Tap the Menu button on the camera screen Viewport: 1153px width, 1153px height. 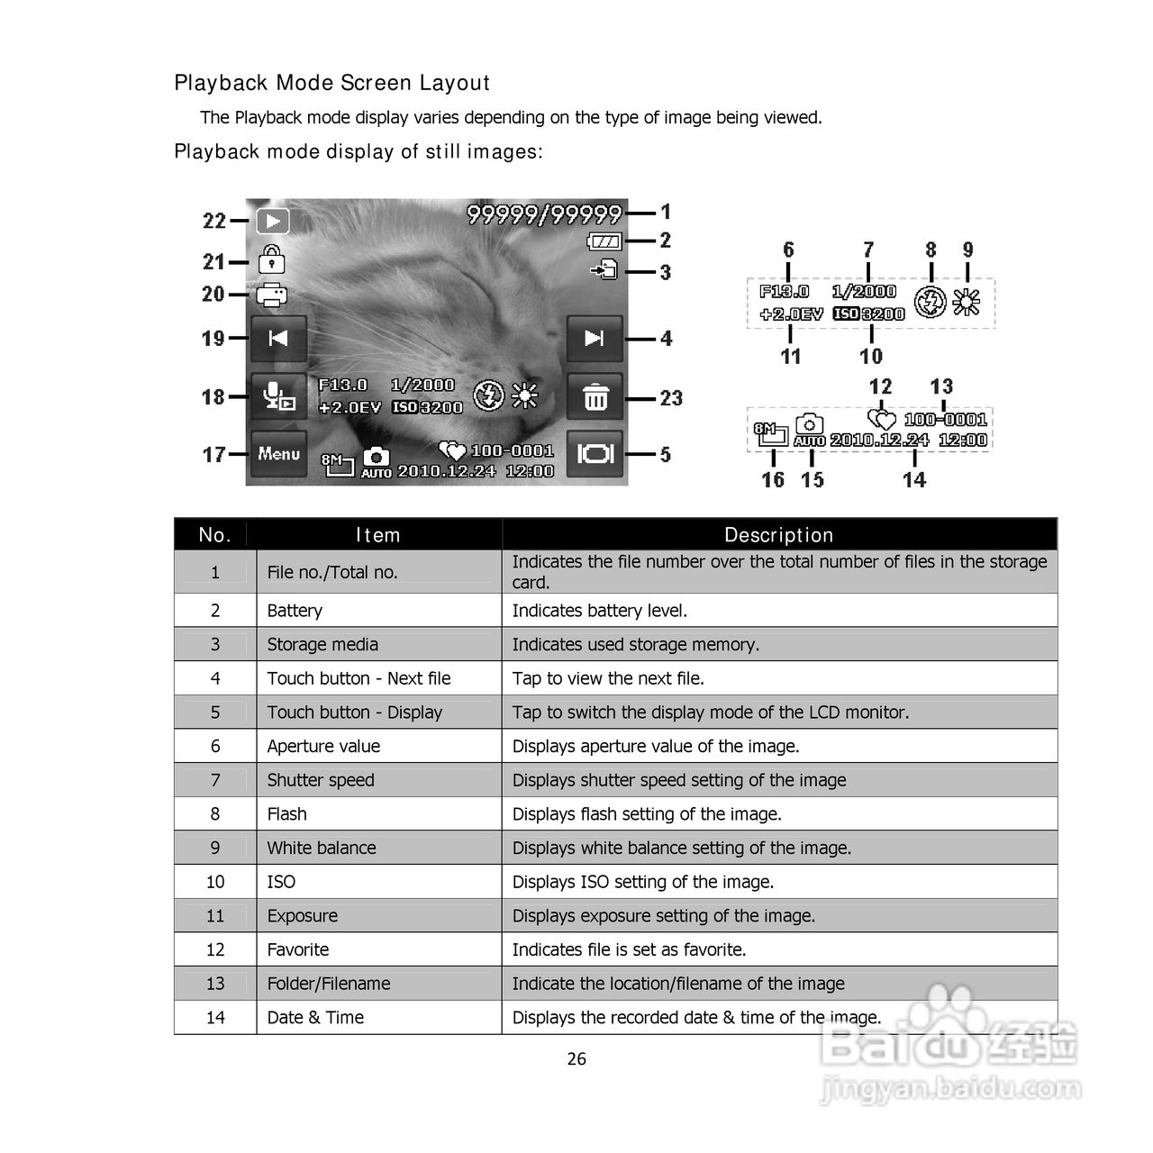pos(278,454)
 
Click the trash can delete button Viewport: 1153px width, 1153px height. pos(595,397)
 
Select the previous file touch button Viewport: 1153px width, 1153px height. pos(278,338)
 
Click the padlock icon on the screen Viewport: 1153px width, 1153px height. pos(271,260)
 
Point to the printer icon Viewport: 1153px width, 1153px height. pos(271,295)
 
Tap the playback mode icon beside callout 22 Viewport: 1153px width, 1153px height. pos(272,221)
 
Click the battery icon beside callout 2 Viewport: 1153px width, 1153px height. pos(604,241)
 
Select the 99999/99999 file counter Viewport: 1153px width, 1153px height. pos(544,214)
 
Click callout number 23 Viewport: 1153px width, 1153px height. pos(671,398)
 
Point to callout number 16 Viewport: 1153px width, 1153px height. pos(773,480)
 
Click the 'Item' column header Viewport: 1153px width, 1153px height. pos(377,535)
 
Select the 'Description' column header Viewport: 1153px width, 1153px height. pos(778,535)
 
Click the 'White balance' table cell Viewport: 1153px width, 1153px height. pos(322,848)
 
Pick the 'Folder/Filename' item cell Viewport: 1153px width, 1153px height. pos(329,984)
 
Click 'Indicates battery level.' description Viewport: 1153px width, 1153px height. pos(599,611)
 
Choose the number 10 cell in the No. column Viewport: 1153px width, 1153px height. pos(215,882)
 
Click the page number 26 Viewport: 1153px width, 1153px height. pos(576,1059)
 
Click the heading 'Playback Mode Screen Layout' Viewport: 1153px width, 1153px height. pos(331,83)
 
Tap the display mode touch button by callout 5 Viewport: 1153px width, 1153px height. pos(595,454)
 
